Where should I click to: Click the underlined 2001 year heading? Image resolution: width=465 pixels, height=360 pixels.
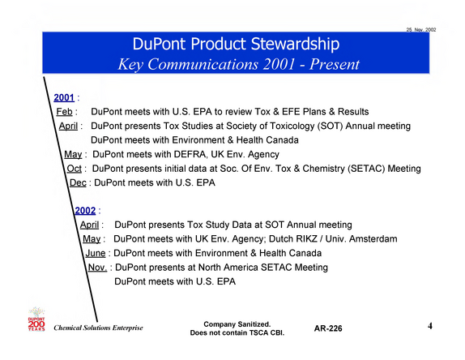[x=64, y=97]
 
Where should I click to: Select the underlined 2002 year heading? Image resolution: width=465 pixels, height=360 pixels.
[x=85, y=211]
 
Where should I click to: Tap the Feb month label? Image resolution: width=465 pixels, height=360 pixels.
[x=64, y=112]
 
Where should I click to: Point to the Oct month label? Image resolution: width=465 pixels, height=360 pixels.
[x=75, y=169]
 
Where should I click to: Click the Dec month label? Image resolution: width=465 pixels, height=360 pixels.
[x=78, y=182]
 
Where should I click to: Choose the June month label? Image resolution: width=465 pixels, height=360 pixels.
[x=96, y=253]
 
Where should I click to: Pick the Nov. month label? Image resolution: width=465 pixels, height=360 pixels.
[x=97, y=268]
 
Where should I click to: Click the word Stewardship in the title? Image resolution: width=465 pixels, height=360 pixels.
[x=295, y=45]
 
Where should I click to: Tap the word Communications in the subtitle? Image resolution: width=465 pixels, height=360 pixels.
[x=203, y=64]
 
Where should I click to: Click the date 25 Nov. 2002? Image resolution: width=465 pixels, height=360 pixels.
[x=421, y=30]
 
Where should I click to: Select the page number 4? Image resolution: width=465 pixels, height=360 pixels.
[x=430, y=326]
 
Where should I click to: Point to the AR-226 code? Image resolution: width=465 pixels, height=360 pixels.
[x=328, y=328]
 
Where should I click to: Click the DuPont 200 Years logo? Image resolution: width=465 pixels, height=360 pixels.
[x=36, y=319]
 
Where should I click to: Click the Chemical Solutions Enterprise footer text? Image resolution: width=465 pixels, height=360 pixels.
[x=98, y=328]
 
